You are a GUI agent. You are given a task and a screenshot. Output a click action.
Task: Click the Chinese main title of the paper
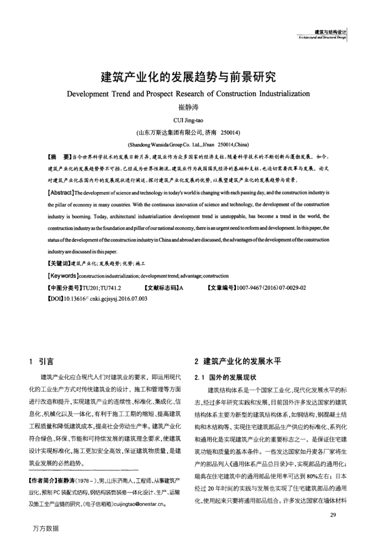point(188,79)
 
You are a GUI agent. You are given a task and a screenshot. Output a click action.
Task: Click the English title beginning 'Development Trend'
point(188,96)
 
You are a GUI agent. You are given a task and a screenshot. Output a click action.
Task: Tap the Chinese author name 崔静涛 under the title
point(188,108)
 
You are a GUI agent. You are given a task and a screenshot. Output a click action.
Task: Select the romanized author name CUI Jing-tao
point(188,120)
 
